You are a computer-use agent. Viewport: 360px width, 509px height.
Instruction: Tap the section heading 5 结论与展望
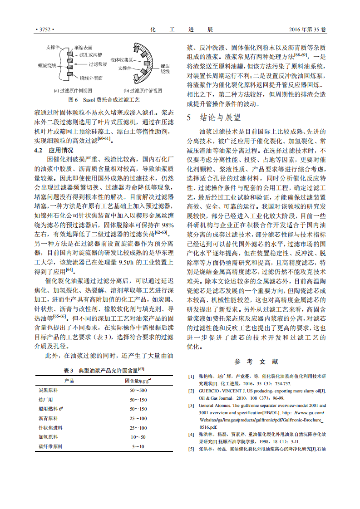click(214, 117)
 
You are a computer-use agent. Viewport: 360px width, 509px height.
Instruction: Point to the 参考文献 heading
click(256, 362)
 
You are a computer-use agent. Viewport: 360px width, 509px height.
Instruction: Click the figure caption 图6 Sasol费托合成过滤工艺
click(104, 99)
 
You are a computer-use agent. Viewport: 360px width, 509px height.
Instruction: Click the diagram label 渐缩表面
click(84, 47)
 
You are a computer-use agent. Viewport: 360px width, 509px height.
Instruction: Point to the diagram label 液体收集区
click(121, 59)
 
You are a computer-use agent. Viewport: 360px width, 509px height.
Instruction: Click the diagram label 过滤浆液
click(98, 65)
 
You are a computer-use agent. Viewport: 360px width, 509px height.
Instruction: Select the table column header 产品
click(69, 380)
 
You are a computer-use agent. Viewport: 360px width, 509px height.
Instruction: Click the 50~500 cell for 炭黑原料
click(138, 390)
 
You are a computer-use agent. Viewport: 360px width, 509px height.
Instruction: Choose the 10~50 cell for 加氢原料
click(138, 437)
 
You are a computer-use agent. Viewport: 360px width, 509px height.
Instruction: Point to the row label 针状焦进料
click(51, 428)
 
